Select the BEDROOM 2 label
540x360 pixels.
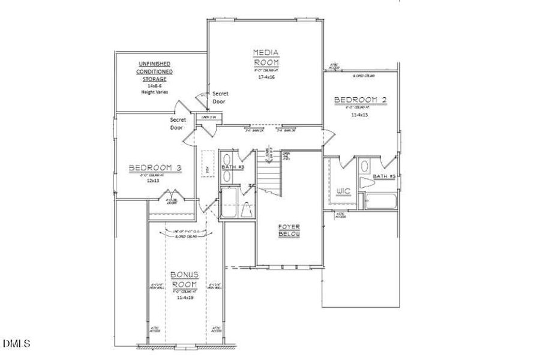(x=356, y=99)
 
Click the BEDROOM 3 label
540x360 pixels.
(x=155, y=168)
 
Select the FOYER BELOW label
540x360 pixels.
(x=289, y=230)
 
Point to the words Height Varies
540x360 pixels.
(x=155, y=93)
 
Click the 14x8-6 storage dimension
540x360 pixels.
(x=155, y=86)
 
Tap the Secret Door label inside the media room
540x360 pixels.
(x=219, y=98)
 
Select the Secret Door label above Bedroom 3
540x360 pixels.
(x=176, y=123)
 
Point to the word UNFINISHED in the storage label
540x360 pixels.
(x=155, y=64)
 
